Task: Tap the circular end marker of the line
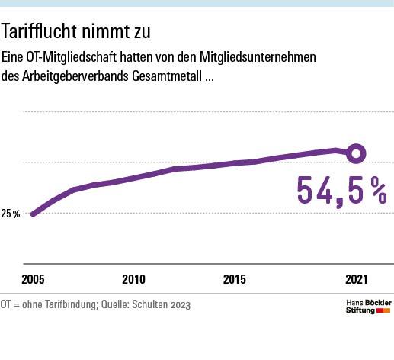point(356,154)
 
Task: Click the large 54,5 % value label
point(341,191)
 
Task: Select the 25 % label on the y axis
point(11,214)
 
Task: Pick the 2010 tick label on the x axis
point(133,279)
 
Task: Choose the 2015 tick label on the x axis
point(234,279)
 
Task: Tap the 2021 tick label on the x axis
point(356,279)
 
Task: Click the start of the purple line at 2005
point(33,214)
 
